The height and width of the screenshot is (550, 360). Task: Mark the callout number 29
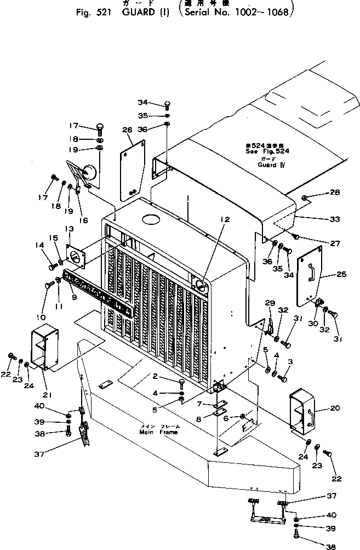pos(269,304)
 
